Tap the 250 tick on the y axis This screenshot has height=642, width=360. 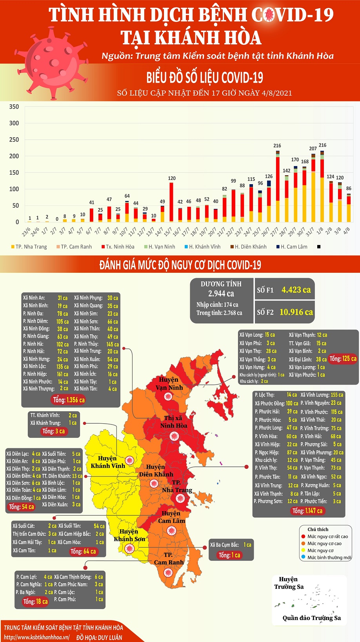14,140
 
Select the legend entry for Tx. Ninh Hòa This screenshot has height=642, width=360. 120,247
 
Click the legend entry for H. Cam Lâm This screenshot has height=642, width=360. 294,247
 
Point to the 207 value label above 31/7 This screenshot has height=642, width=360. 313,149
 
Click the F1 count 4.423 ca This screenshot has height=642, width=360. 296,290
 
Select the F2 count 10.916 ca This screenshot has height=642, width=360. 296,312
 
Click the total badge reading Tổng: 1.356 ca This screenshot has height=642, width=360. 69,400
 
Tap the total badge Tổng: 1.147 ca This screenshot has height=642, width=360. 307,511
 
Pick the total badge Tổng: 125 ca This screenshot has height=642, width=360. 343,359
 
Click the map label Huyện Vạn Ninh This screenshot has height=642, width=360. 169,384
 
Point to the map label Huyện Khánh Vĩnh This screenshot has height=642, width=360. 107,462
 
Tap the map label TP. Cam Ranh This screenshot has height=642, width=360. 169,559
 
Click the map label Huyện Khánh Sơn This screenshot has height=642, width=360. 129,535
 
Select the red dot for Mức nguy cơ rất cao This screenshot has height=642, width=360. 303,537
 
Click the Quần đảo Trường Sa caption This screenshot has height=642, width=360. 312,618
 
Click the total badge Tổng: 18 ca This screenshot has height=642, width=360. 35,602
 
